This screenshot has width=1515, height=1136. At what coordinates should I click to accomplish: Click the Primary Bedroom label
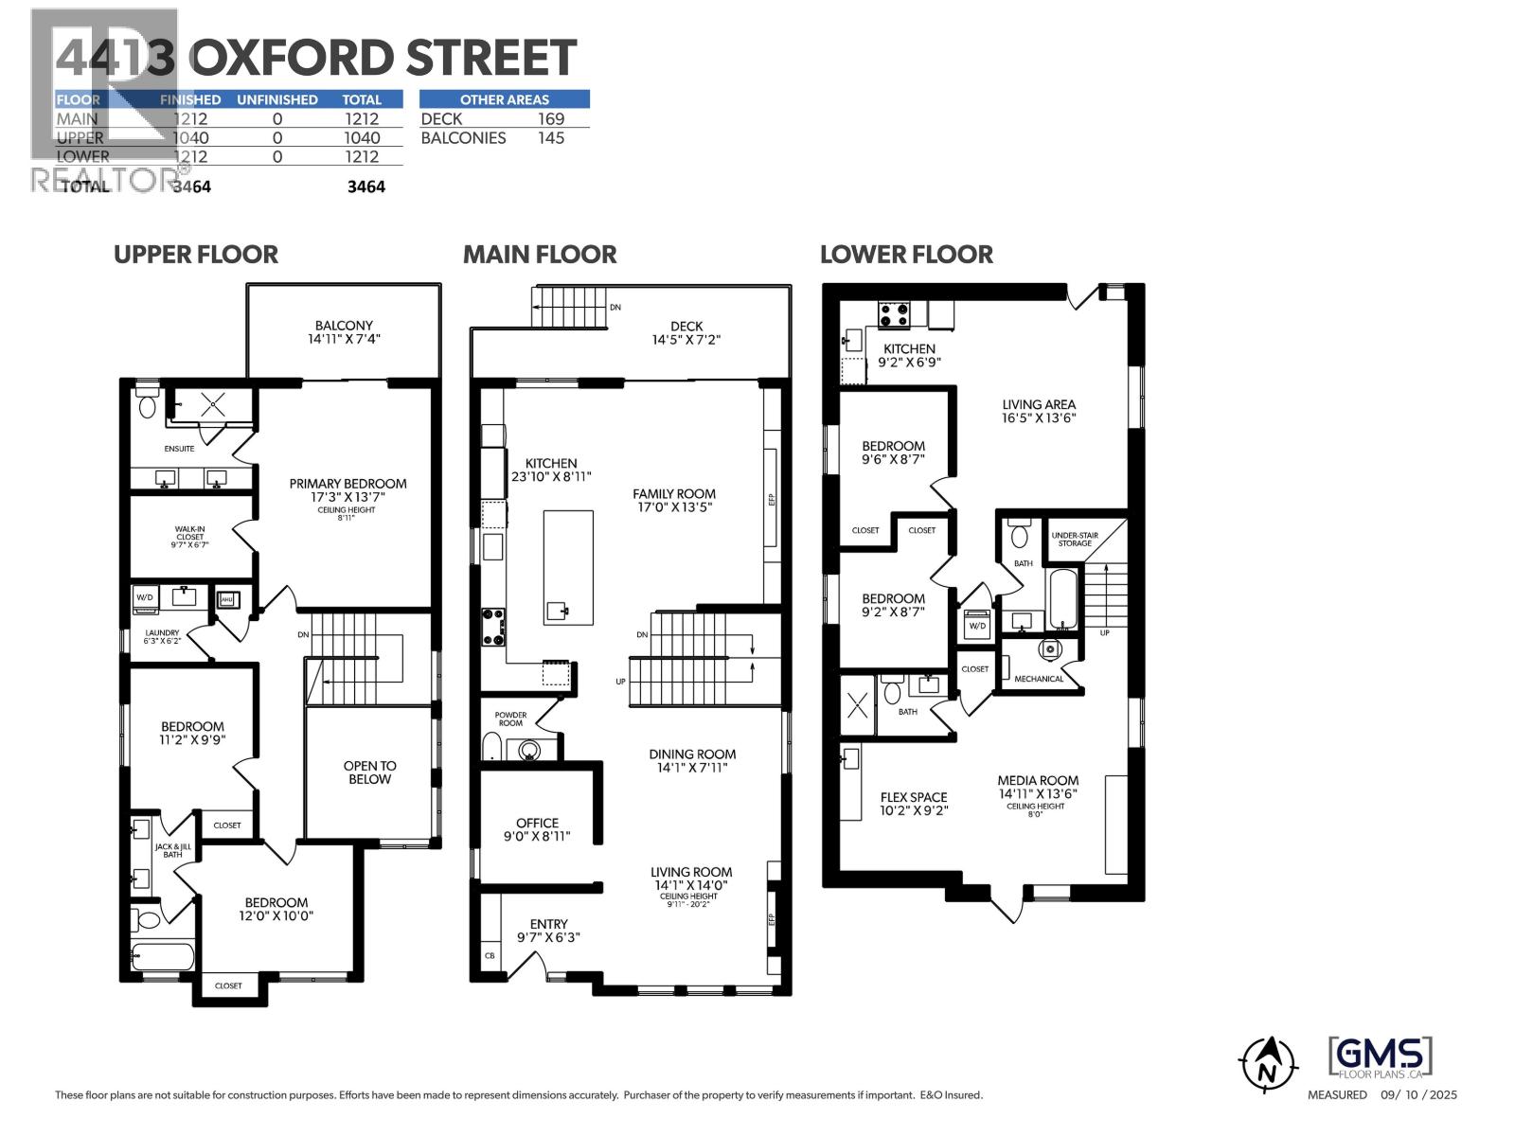(x=348, y=484)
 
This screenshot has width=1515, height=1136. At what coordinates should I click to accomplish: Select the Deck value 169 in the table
(x=550, y=119)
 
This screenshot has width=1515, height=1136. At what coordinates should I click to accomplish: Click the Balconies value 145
(x=550, y=138)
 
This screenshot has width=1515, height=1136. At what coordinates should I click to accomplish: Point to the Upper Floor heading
(x=196, y=255)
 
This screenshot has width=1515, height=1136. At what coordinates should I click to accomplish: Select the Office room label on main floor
(x=537, y=824)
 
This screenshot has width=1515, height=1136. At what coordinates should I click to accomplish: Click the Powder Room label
(x=510, y=719)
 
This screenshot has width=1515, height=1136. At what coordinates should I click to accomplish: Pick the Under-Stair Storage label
(x=1075, y=540)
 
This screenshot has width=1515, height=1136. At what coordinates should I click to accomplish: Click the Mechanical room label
(x=1039, y=679)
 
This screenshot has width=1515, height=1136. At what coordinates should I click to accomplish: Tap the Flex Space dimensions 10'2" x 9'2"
(x=914, y=811)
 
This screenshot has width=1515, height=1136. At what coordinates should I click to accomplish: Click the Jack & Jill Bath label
(x=172, y=850)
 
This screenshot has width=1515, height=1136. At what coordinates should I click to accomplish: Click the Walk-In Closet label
(x=189, y=537)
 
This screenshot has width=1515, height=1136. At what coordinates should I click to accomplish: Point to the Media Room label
(x=1038, y=781)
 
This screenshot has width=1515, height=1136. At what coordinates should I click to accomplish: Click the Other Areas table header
(x=504, y=99)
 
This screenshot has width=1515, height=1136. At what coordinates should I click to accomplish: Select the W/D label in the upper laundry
(x=145, y=597)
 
